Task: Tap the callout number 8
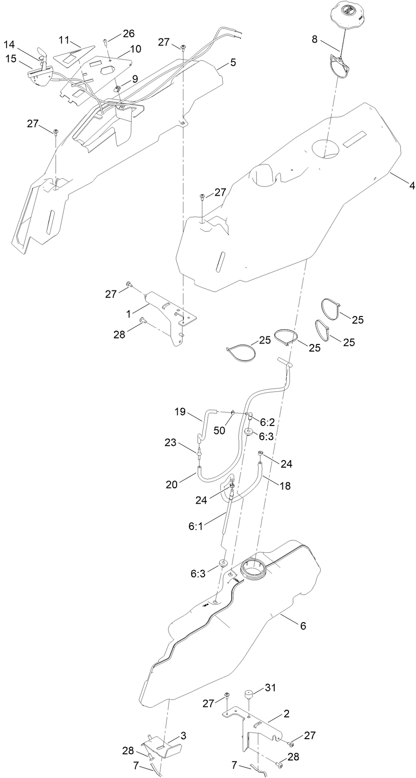click(x=315, y=40)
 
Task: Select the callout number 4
click(x=412, y=186)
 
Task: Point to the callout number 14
click(x=9, y=45)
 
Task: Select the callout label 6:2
click(x=267, y=421)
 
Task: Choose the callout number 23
click(x=170, y=443)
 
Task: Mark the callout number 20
click(x=172, y=484)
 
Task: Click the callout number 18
click(x=285, y=486)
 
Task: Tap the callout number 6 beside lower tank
click(x=303, y=625)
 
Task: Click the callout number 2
click(x=286, y=714)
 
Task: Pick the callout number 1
click(x=128, y=313)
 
